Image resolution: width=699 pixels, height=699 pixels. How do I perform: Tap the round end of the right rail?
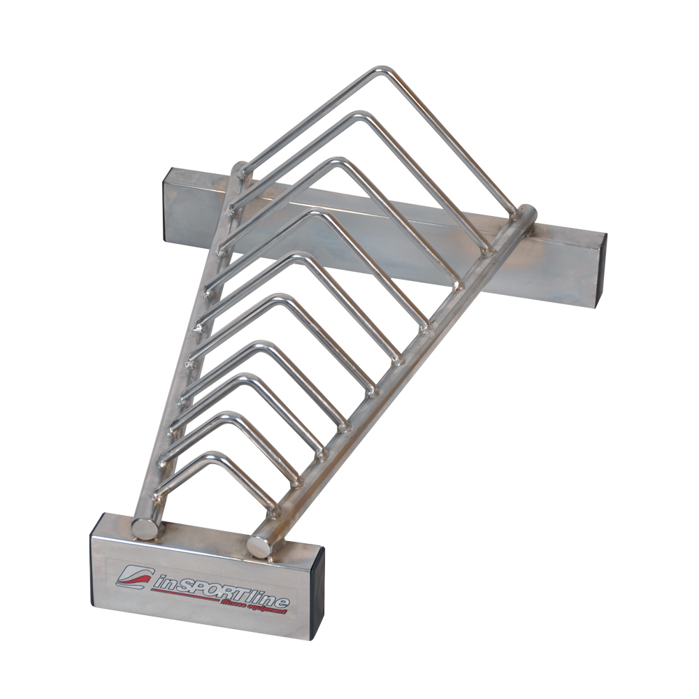pos(260,546)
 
